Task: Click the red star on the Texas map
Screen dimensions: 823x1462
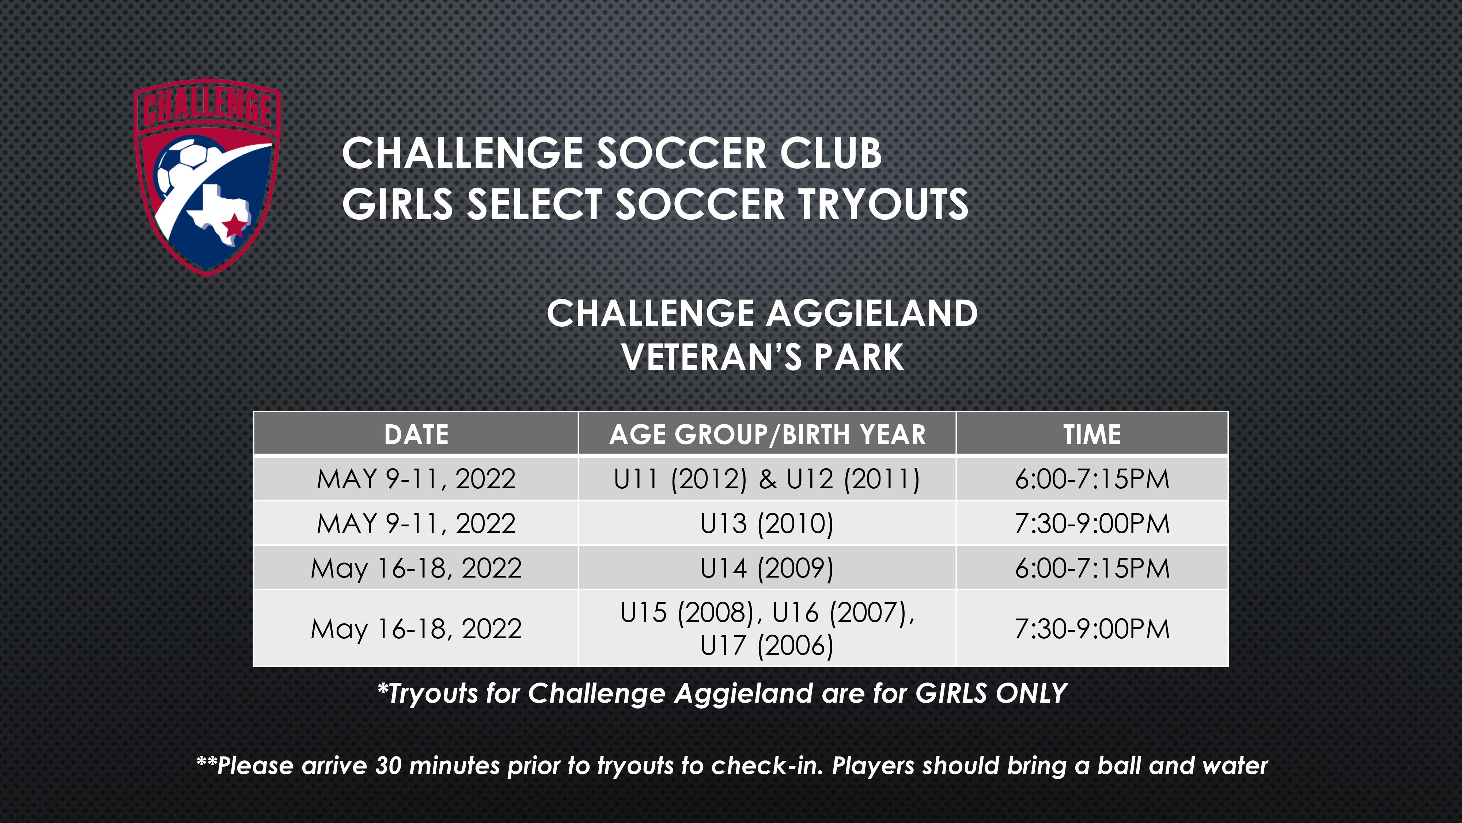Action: pos(233,227)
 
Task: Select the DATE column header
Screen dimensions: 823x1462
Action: pos(416,435)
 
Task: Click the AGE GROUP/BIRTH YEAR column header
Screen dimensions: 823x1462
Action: pos(767,435)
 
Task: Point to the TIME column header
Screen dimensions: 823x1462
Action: pos(1092,435)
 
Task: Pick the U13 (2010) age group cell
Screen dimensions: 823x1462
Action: pos(767,523)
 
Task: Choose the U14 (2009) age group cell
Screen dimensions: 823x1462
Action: pos(767,568)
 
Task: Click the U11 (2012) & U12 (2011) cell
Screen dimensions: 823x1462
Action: pos(767,479)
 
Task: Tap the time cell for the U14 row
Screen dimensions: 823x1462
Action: pos(1092,568)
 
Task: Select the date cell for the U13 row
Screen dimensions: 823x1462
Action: pos(416,523)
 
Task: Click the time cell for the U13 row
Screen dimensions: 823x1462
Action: pos(1092,523)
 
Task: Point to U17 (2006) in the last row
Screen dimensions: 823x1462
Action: pos(767,645)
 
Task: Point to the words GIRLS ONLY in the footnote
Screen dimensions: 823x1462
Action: pos(991,693)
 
